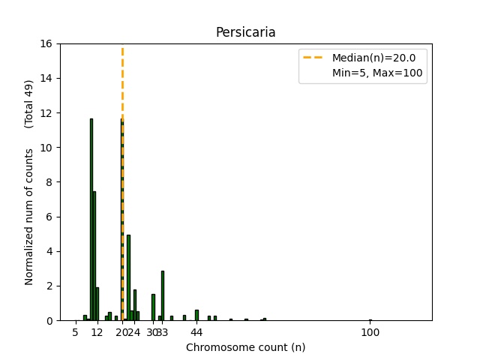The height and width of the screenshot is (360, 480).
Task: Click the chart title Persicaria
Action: click(x=245, y=32)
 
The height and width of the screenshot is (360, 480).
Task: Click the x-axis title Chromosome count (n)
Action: click(x=245, y=347)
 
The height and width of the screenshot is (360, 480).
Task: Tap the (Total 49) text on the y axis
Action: click(x=29, y=103)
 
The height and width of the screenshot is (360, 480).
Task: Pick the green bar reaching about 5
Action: click(x=128, y=277)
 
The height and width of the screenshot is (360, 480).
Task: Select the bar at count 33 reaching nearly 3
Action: click(x=163, y=295)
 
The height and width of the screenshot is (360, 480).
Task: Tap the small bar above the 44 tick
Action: click(x=196, y=315)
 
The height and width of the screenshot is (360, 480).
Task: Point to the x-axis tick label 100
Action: click(x=370, y=332)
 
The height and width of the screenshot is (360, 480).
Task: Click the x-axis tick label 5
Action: click(x=76, y=332)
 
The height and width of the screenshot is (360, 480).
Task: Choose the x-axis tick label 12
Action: click(x=97, y=332)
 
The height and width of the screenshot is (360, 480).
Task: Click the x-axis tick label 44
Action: click(x=196, y=332)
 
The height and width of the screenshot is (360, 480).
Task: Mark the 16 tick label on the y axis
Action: click(x=46, y=43)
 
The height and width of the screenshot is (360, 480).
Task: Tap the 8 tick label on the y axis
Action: click(x=49, y=182)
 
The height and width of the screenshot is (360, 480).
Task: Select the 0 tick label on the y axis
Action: click(x=49, y=320)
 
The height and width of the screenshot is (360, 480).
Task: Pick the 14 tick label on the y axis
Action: click(x=46, y=78)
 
